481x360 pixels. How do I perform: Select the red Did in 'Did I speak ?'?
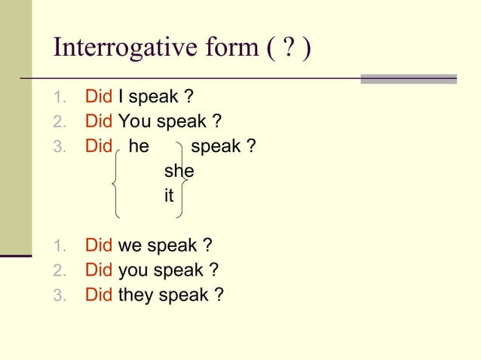[99, 97]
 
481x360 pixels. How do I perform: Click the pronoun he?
[139, 146]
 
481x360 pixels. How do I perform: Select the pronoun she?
[179, 171]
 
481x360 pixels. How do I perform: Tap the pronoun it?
[169, 196]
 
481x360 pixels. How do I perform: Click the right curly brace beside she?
[182, 180]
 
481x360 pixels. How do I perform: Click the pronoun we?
[130, 246]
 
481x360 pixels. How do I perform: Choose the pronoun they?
[136, 295]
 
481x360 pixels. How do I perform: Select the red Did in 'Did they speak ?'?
[99, 295]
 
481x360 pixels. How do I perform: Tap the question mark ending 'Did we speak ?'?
[207, 246]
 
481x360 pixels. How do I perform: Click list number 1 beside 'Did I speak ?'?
[60, 98]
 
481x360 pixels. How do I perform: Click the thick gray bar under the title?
[408, 78]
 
